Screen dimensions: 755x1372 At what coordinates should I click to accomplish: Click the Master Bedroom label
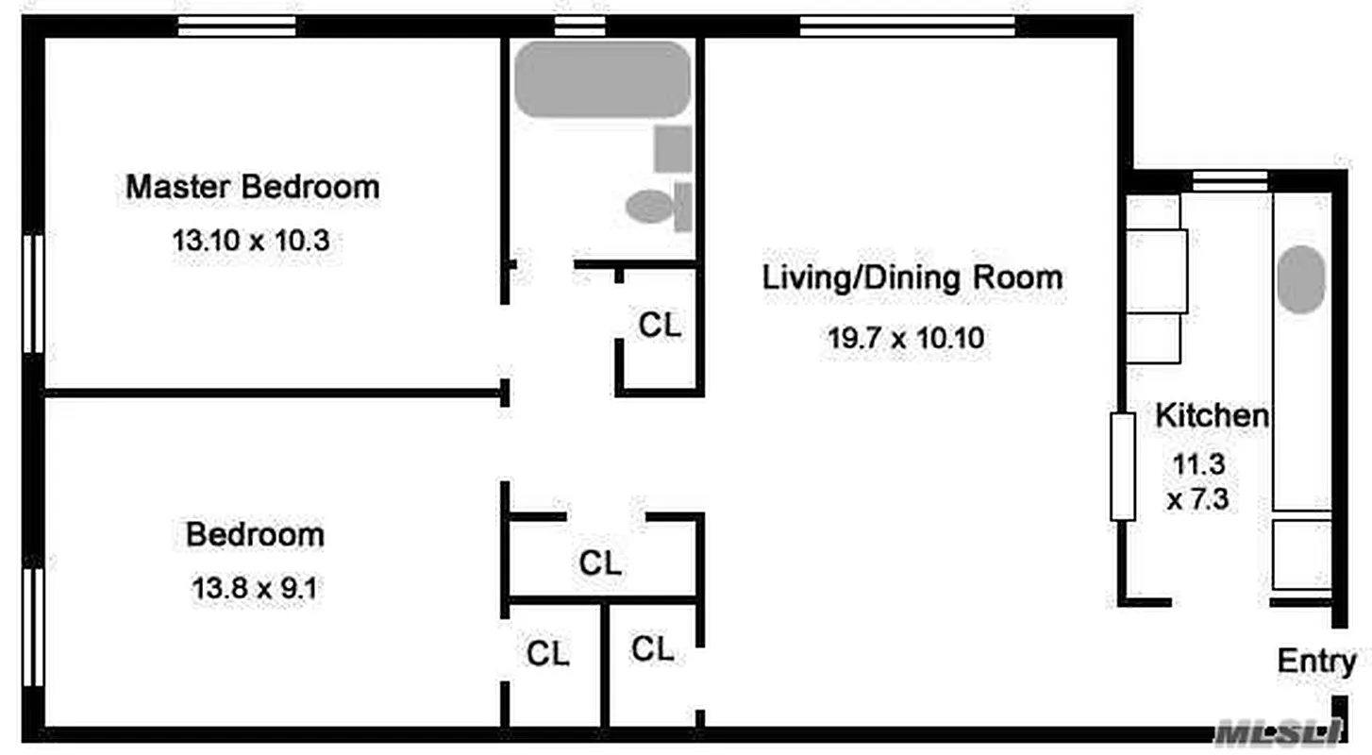click(x=253, y=187)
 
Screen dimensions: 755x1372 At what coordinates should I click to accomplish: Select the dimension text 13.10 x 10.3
click(x=250, y=241)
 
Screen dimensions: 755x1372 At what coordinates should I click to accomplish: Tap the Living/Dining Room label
click(x=912, y=278)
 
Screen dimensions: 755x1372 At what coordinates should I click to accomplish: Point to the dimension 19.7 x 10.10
click(x=906, y=338)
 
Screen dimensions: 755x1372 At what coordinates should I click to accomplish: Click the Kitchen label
click(x=1213, y=415)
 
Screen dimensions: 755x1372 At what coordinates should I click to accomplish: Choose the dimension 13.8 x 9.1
click(x=255, y=590)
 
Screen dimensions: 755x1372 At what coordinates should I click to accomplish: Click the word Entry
click(x=1316, y=662)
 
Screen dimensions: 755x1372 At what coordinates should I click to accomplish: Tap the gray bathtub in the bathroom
click(x=602, y=79)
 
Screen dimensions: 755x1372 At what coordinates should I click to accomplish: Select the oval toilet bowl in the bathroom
click(x=649, y=206)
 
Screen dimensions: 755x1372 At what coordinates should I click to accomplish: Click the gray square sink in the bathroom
click(x=673, y=149)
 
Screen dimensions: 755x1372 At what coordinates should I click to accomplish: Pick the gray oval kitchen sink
click(x=1301, y=279)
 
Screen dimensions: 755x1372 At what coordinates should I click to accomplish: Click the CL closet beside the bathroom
click(x=660, y=327)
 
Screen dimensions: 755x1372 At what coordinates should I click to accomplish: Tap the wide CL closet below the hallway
click(x=600, y=564)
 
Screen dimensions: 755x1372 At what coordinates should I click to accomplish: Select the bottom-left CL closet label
click(x=548, y=654)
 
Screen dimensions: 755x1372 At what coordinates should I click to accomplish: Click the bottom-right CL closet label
click(x=653, y=649)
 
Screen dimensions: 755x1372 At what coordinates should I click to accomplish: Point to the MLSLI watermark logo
click(x=1279, y=731)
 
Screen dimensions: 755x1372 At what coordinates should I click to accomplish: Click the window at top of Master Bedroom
click(x=237, y=25)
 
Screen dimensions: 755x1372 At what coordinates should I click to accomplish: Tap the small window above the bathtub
click(x=579, y=25)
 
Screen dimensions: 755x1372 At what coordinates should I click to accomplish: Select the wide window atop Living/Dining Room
click(x=907, y=25)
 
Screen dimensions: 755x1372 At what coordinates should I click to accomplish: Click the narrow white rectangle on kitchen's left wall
click(x=1122, y=466)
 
